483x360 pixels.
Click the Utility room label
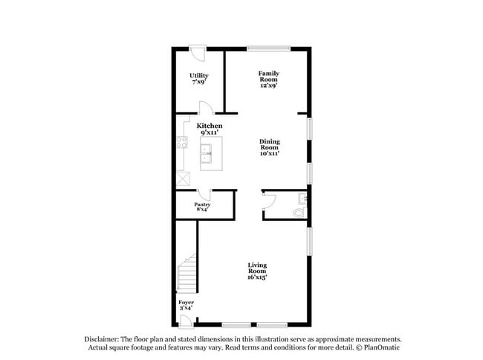tap(198, 79)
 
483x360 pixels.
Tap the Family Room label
tap(269, 79)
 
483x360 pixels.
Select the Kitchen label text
tap(210, 129)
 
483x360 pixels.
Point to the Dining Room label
tap(269, 147)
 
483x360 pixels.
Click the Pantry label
tap(202, 207)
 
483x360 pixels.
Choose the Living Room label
tap(257, 271)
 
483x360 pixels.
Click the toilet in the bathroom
tap(299, 212)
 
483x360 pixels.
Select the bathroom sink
tap(302, 198)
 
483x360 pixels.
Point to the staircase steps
tap(188, 274)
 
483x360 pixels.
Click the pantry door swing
tap(204, 196)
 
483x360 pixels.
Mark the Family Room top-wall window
tap(268, 49)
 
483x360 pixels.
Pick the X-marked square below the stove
tap(182, 179)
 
